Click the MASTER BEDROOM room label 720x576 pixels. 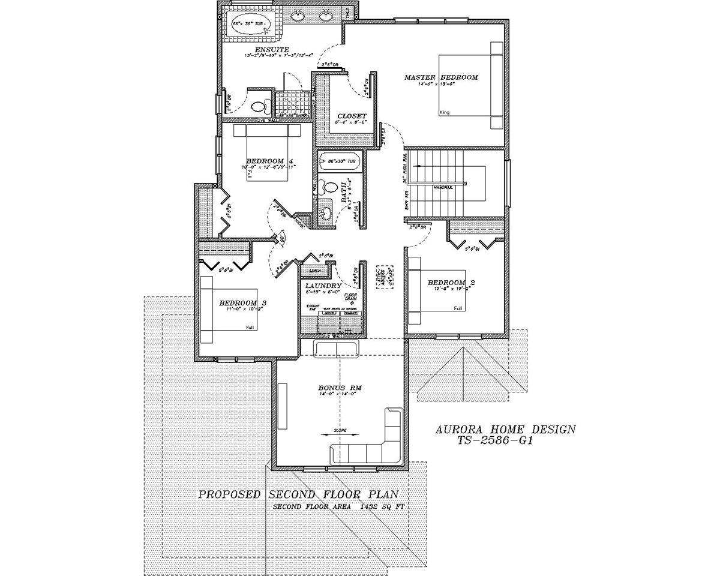pos(440,77)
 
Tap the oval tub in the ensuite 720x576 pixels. pos(251,25)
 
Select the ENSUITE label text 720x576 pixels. pos(272,49)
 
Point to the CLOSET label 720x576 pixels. pos(351,116)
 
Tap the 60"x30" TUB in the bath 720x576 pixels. pos(340,161)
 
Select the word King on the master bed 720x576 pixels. pos(445,112)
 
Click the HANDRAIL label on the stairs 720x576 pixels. pos(443,187)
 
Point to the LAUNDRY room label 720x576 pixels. pos(323,286)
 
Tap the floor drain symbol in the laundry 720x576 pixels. pos(352,304)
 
